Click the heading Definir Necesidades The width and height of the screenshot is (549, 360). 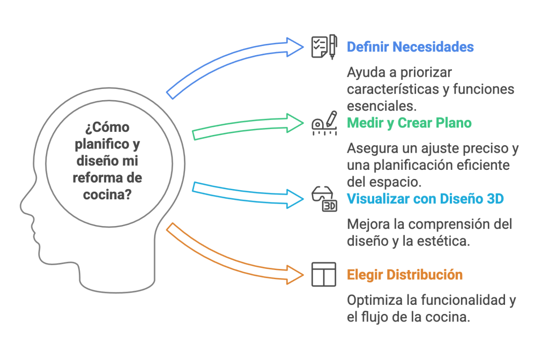pyautogui.click(x=410, y=47)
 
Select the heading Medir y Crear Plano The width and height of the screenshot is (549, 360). pyautogui.click(x=409, y=123)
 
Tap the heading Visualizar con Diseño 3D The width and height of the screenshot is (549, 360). pyautogui.click(x=425, y=199)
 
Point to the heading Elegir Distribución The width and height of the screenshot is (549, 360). pyautogui.click(x=405, y=275)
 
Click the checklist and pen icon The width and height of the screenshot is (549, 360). pyautogui.click(x=324, y=47)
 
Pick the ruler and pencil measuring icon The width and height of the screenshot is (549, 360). pyautogui.click(x=324, y=123)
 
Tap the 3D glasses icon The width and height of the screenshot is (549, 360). pyautogui.click(x=324, y=199)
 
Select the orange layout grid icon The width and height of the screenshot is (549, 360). pyautogui.click(x=324, y=274)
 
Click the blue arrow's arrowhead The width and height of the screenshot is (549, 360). pyautogui.click(x=295, y=47)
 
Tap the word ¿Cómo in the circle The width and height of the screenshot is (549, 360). pyautogui.click(x=107, y=128)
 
